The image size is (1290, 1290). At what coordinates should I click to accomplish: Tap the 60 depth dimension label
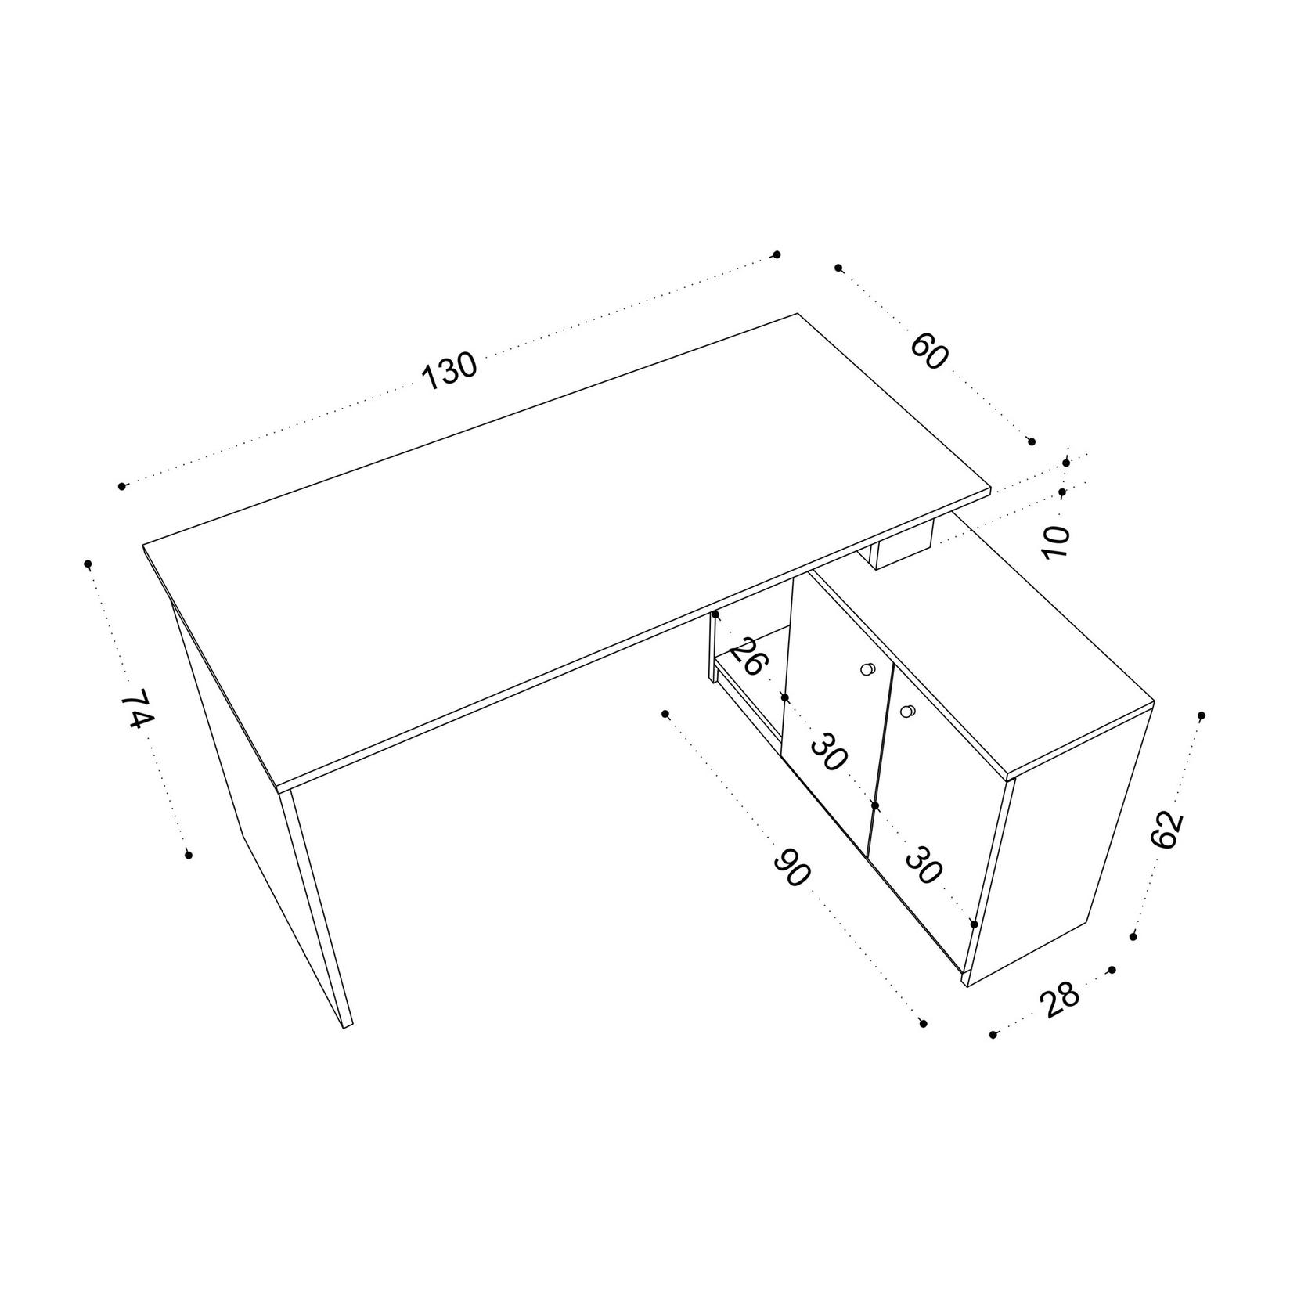click(929, 351)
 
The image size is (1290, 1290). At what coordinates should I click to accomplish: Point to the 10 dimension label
click(1056, 540)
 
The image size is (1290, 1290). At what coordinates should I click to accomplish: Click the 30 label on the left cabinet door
click(829, 751)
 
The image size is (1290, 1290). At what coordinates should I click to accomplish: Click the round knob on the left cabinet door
click(867, 668)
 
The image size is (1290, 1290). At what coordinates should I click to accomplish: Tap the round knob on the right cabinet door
click(907, 711)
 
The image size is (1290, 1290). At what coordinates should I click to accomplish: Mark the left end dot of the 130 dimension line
click(122, 486)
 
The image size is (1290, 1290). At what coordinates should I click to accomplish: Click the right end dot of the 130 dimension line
click(777, 254)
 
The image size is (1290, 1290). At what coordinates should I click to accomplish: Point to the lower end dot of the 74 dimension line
click(189, 856)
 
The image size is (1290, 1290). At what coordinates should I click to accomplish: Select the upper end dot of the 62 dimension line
click(1202, 715)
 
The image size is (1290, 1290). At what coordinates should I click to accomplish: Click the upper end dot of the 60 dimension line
click(838, 268)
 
